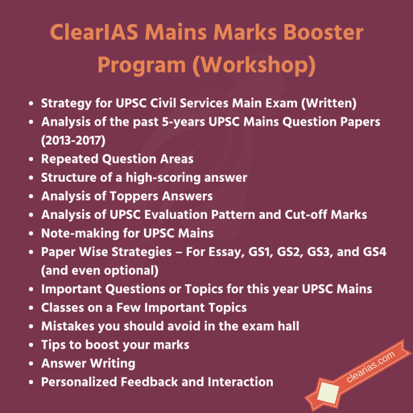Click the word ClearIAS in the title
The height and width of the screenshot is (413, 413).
pos(94,32)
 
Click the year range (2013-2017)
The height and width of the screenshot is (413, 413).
pos(73,140)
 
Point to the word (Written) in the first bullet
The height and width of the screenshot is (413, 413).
pos(329,103)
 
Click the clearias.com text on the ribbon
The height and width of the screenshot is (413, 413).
pos(371,366)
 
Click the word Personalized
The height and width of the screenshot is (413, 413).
pos(79,382)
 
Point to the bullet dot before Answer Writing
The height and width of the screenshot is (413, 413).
pos(31,364)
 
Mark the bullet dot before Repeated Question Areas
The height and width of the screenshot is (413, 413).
pos(31,159)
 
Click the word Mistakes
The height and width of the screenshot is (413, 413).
pos(68,326)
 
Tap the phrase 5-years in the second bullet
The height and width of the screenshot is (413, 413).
pos(183,122)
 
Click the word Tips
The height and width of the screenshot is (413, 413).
pos(54,345)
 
